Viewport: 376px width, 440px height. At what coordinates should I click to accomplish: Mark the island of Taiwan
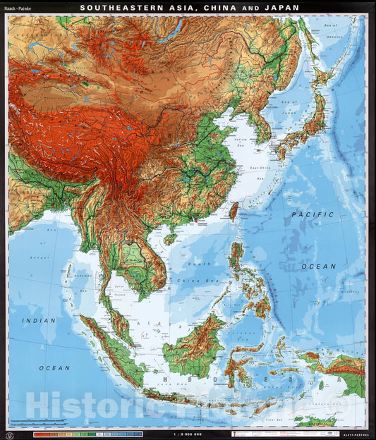tap(234, 210)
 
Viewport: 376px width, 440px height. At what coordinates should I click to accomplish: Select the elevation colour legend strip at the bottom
tap(88, 434)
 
